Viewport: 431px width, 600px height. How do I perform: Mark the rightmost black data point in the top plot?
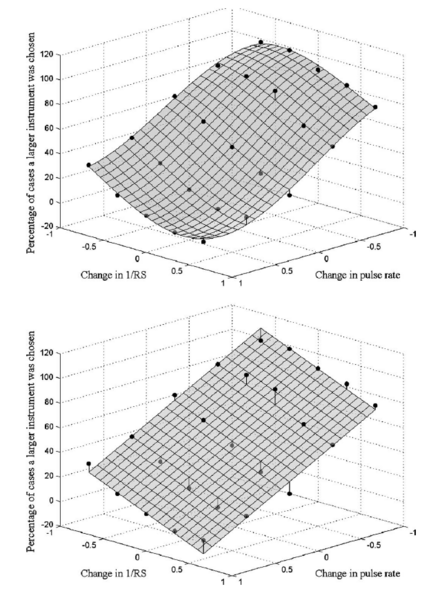click(x=375, y=107)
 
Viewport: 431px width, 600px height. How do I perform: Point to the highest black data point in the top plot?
click(x=261, y=43)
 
